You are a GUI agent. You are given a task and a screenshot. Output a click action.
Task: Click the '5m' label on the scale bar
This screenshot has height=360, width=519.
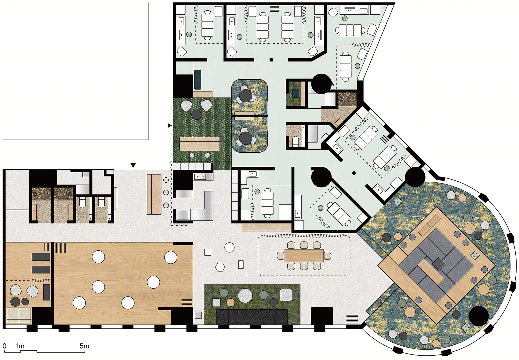pos(84,346)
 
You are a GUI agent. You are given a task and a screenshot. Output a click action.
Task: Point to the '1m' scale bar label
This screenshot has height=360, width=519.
pos(20,346)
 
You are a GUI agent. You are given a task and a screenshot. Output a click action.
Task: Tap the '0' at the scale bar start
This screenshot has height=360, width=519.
pos(4,346)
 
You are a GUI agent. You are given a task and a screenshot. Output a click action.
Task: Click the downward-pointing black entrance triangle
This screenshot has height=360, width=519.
pos(133,165)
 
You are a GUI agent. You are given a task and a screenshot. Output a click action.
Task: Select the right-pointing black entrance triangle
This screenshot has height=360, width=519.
pos(170,125)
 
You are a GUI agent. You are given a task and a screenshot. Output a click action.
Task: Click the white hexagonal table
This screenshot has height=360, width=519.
pos(220,267)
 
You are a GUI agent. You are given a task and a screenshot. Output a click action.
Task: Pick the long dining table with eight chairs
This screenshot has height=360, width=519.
pos(304,256)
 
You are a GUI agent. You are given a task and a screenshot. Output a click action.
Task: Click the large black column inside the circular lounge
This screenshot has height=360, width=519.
pos(478,316)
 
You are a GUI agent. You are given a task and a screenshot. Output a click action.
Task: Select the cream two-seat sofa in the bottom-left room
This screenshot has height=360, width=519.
pos(19,315)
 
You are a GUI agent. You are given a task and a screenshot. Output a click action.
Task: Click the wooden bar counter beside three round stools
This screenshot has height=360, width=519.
pos(154,194)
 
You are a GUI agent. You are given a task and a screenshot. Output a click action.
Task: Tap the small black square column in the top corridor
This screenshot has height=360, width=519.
pos(271,60)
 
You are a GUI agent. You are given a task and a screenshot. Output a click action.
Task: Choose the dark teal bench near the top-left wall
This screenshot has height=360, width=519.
pos(198,80)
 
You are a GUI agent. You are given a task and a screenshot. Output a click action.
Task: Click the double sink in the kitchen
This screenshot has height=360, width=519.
pos(200,177)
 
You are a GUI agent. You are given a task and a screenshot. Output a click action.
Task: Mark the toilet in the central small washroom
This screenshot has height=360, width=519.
pos(296,142)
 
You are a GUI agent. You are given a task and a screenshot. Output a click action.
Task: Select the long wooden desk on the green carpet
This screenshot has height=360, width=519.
pos(200,144)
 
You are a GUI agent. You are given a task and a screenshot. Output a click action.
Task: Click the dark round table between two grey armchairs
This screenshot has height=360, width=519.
pos(196,115)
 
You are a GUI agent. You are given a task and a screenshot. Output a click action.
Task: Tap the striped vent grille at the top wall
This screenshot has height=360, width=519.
pos(274,9)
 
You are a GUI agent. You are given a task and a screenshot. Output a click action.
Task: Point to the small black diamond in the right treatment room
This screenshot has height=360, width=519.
pos(354,173)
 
